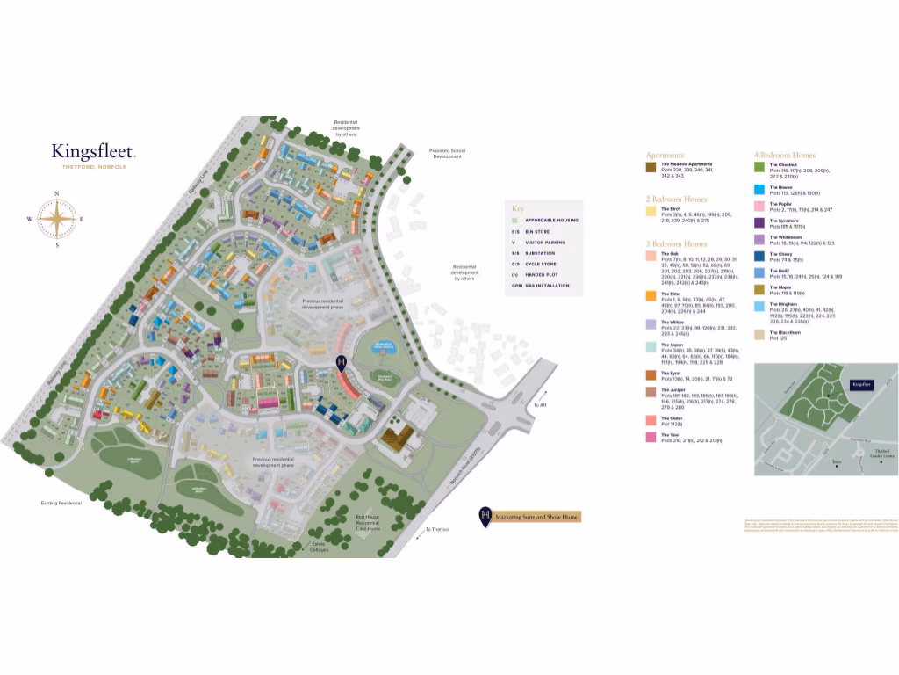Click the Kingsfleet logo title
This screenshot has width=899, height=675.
click(x=94, y=152)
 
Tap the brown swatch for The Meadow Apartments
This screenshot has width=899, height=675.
click(x=651, y=166)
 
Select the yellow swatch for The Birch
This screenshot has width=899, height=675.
click(x=651, y=211)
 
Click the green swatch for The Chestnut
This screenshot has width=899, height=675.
click(x=759, y=166)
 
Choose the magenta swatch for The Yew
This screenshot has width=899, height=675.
click(x=651, y=436)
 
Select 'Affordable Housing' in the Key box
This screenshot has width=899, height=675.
click(x=551, y=220)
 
